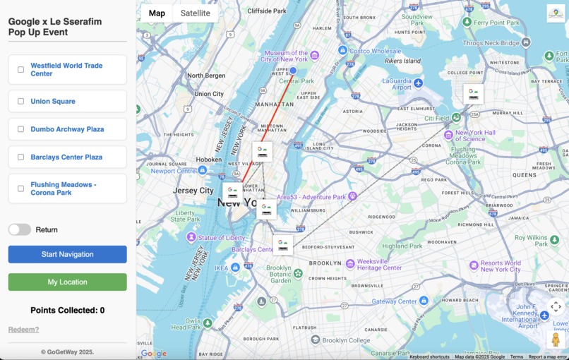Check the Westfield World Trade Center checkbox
tap(20, 70)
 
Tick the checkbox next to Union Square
tap(20, 101)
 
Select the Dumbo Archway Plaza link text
tap(67, 129)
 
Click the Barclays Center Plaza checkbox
tap(20, 157)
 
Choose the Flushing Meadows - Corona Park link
tap(64, 188)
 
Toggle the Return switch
tap(20, 229)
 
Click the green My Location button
tap(68, 282)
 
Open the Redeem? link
tap(23, 330)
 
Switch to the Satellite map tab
tap(195, 13)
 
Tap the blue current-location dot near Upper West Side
tap(293, 71)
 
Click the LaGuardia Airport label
tap(396, 84)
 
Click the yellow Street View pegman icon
tap(556, 340)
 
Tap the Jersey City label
tap(193, 191)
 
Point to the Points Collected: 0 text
tap(68, 311)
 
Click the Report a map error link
tap(547, 357)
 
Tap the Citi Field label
tap(438, 119)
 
